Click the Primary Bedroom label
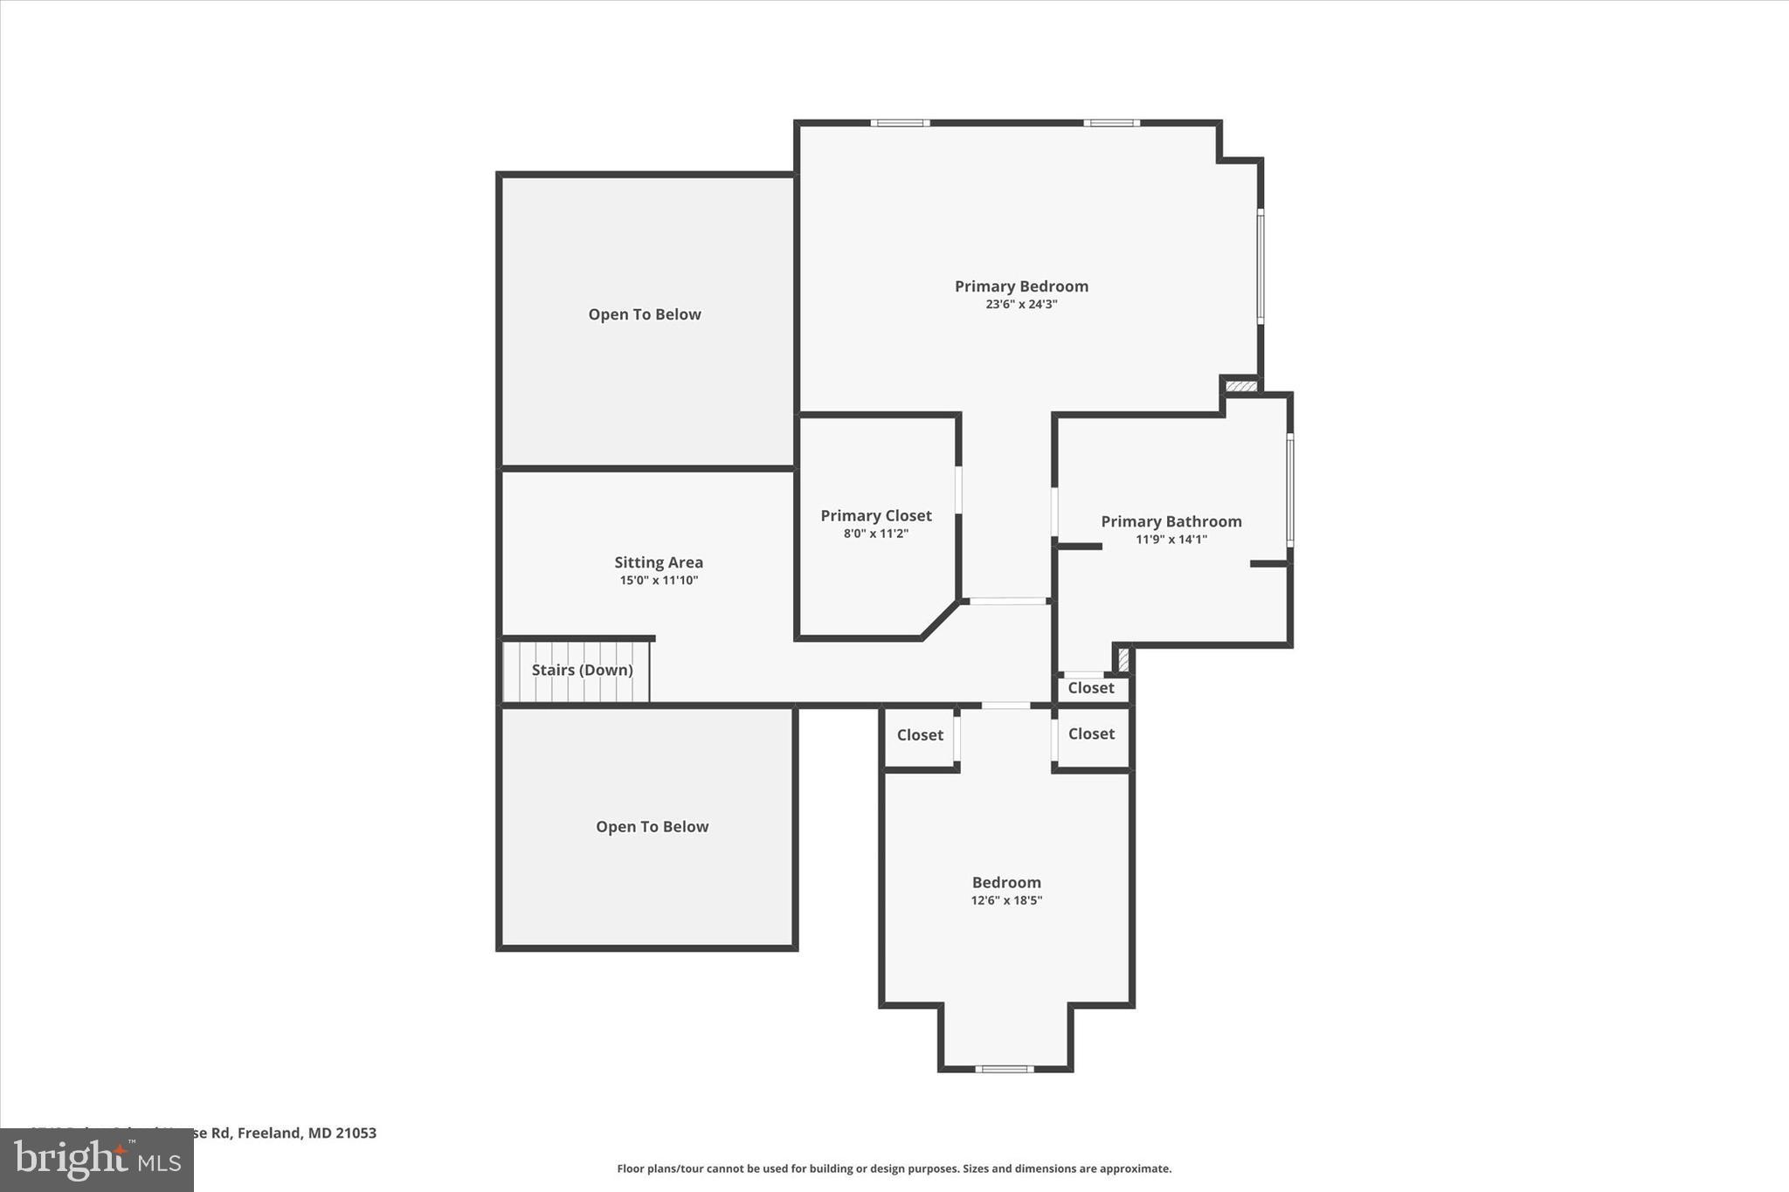(x=1021, y=286)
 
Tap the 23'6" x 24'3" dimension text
(x=1021, y=305)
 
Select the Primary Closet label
(x=875, y=516)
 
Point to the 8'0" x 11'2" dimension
(x=875, y=534)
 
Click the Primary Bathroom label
(x=1171, y=521)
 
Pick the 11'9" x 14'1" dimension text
(x=1171, y=540)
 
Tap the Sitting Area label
(x=658, y=562)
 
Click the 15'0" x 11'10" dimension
(x=659, y=581)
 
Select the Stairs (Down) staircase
(x=577, y=671)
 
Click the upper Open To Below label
(x=645, y=314)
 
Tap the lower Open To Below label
(x=652, y=827)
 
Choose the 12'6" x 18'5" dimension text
(x=1006, y=900)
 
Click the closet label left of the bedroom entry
(x=920, y=735)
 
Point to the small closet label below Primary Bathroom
(x=1091, y=688)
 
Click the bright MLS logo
(x=97, y=1160)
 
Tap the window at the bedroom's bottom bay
(x=1004, y=1068)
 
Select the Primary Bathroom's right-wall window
(x=1289, y=490)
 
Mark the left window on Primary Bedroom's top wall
(x=900, y=123)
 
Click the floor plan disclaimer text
(x=894, y=1168)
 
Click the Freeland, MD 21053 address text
(x=306, y=1133)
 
